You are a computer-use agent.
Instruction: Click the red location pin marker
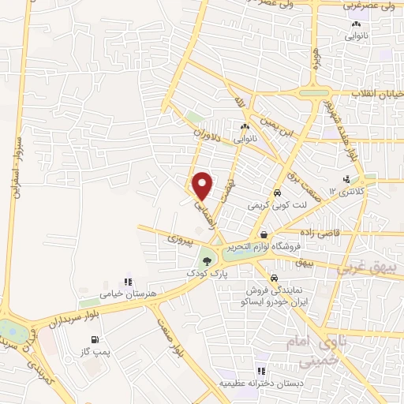[x=204, y=185]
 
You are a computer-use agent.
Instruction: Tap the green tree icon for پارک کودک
[x=207, y=260]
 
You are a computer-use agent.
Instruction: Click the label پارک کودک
[x=207, y=273]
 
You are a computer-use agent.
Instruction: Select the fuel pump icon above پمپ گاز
[x=95, y=340]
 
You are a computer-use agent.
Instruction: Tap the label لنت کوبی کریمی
[x=277, y=205]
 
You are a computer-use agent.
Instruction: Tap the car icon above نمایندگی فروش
[x=272, y=279]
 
